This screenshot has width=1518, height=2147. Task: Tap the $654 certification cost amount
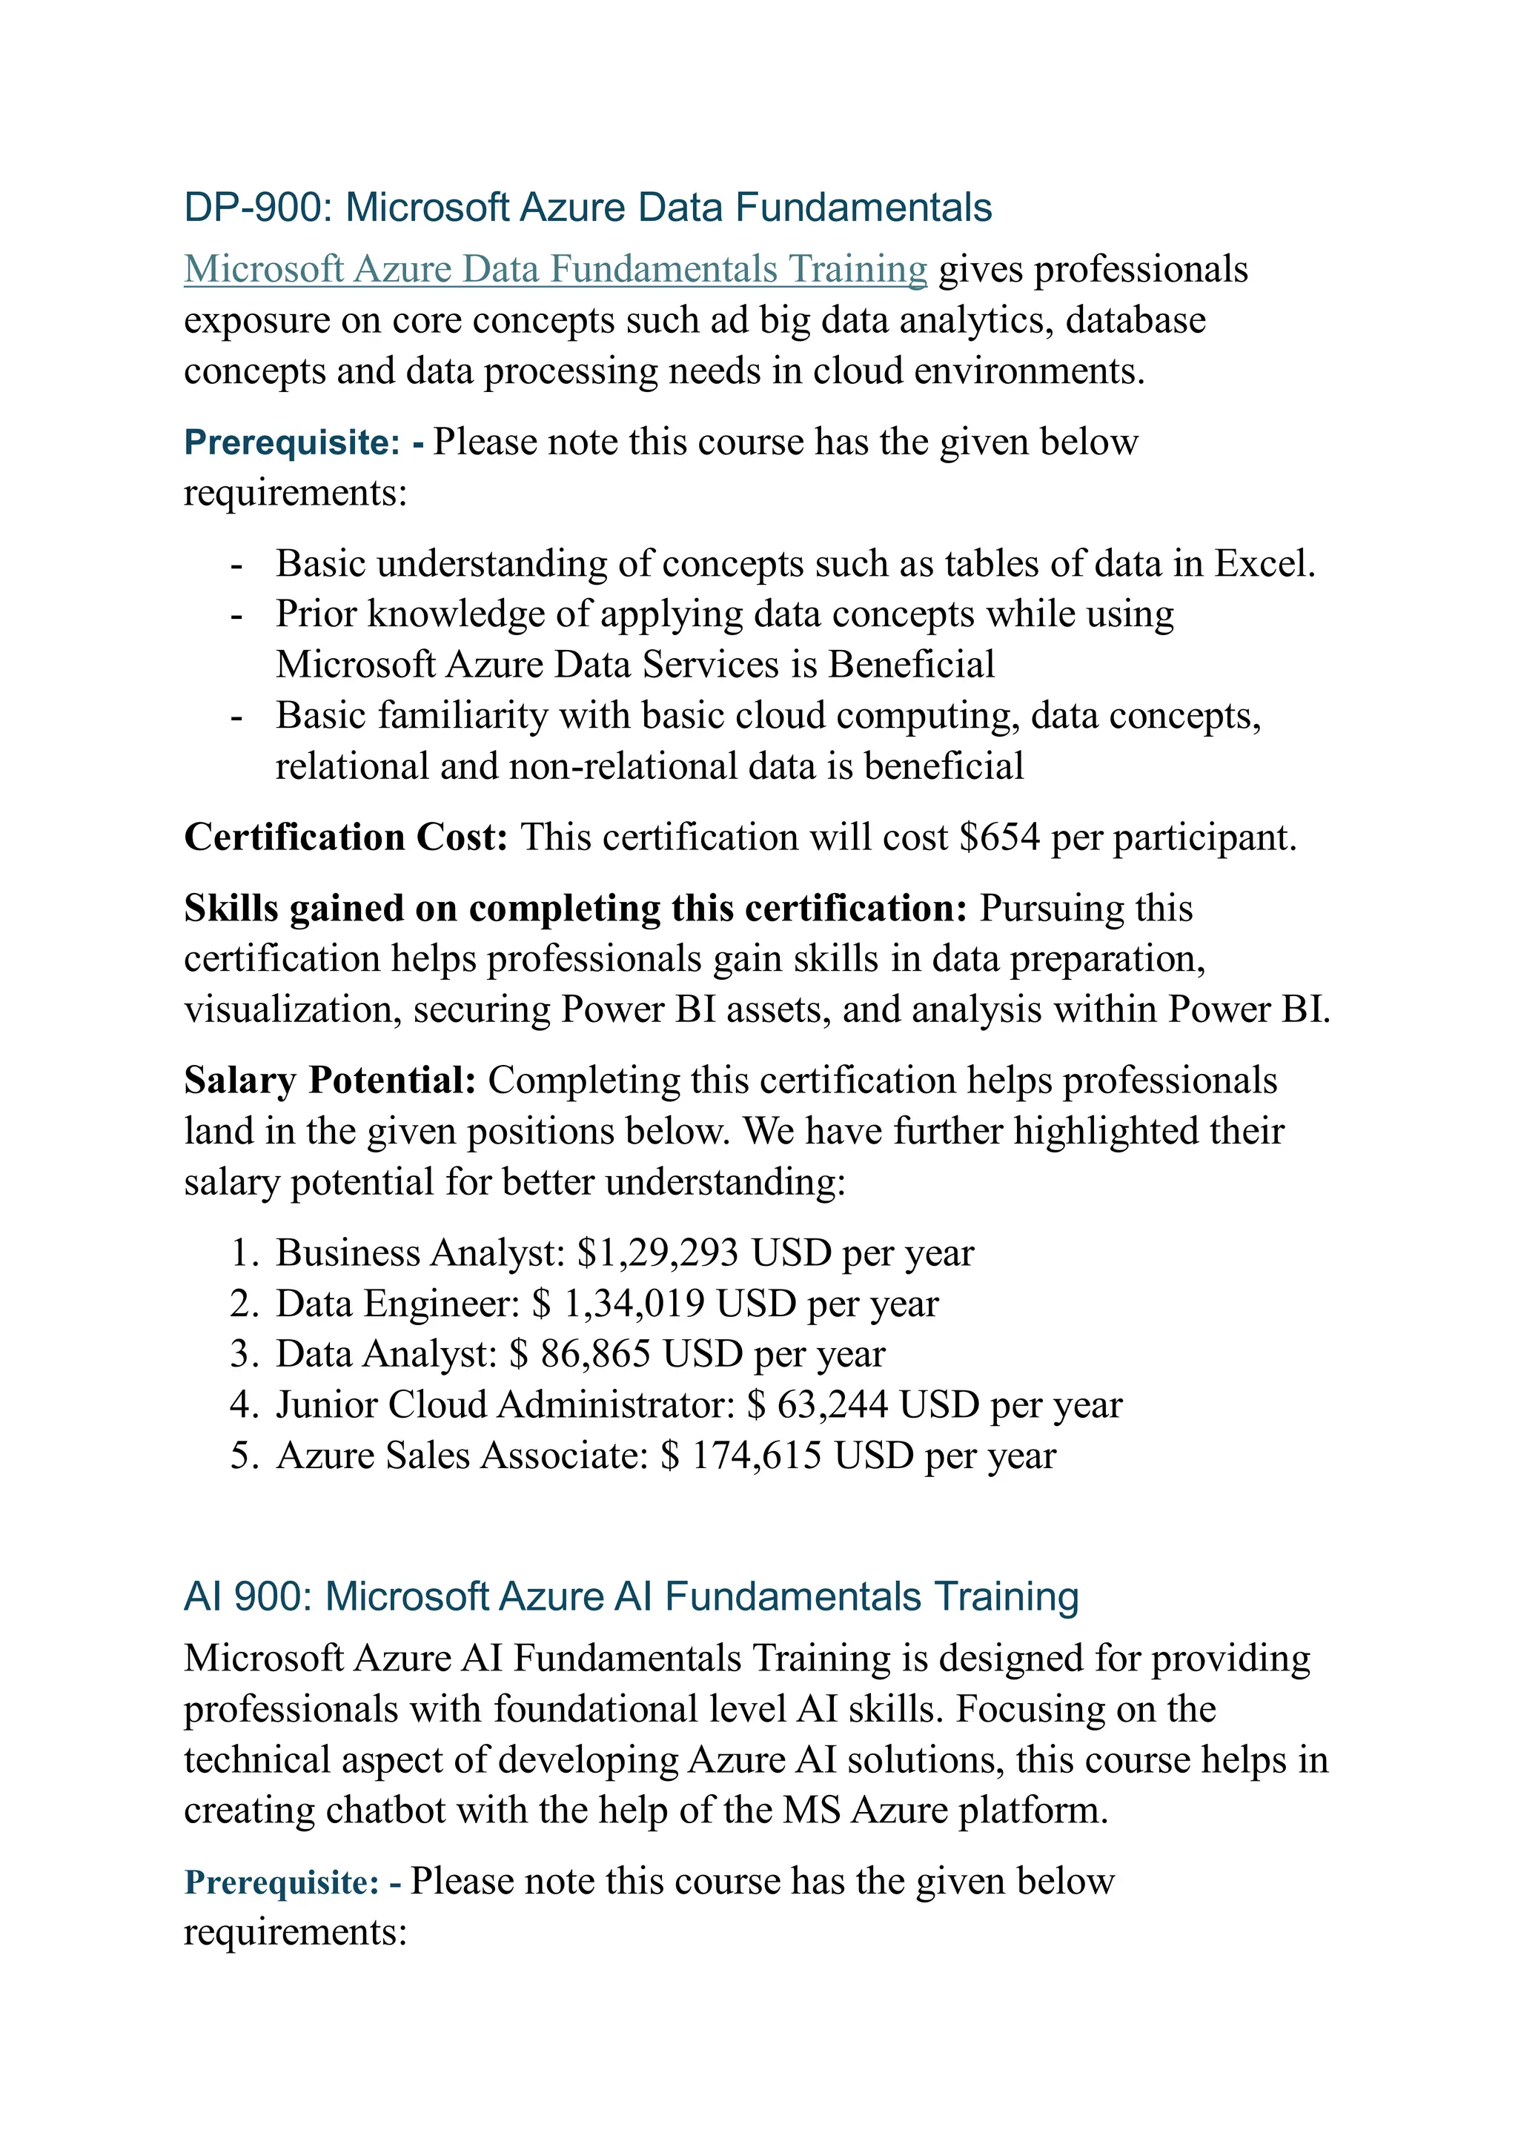(999, 837)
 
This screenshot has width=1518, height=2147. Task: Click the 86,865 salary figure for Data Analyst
(595, 1354)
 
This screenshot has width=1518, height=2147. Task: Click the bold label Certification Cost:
(345, 837)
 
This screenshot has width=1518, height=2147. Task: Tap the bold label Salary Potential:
(330, 1080)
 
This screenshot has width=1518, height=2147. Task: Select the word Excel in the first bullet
(1264, 564)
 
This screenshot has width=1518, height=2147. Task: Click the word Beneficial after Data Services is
(911, 665)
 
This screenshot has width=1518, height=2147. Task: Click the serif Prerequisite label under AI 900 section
(282, 1882)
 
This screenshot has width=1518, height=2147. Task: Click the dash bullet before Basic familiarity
(236, 717)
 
